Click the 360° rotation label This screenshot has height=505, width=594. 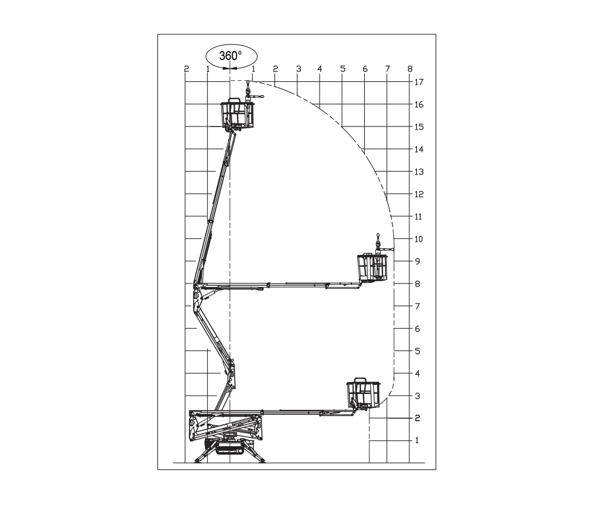(x=230, y=56)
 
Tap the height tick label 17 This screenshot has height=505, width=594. (x=419, y=82)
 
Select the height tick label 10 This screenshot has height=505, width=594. (x=418, y=239)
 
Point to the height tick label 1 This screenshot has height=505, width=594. (x=417, y=440)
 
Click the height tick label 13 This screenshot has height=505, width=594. (x=419, y=172)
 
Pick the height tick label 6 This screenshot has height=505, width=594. (x=417, y=329)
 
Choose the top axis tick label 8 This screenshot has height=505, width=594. (x=409, y=69)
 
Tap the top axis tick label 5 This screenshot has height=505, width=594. (x=343, y=69)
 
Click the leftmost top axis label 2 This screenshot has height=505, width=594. (x=186, y=69)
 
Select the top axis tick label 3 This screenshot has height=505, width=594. (x=299, y=69)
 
